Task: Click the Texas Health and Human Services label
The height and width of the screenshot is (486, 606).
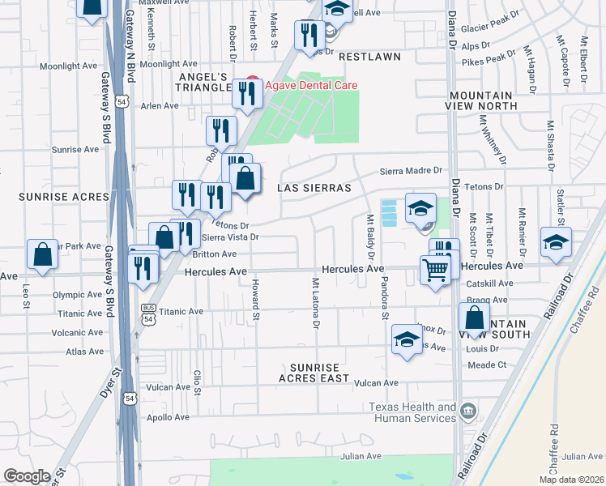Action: (412, 412)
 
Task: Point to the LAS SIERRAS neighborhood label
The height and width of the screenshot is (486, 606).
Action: (314, 188)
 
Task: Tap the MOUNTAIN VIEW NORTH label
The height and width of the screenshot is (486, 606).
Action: (483, 100)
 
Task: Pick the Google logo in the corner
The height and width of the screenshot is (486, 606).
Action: (27, 476)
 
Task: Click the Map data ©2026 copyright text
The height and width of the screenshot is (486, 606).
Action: (572, 480)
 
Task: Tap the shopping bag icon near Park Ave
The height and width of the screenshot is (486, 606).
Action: (42, 254)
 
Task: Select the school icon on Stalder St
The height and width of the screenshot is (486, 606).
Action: (556, 244)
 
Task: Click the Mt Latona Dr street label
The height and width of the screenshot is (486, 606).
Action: (316, 305)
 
